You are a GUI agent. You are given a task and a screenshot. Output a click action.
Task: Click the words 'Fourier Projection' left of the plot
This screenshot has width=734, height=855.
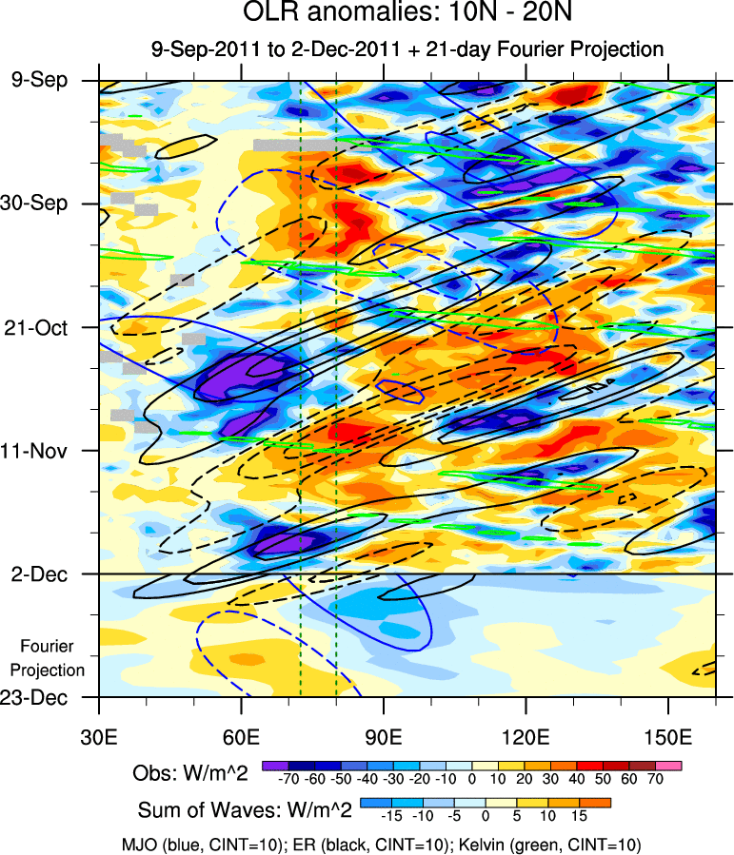pyautogui.click(x=52, y=658)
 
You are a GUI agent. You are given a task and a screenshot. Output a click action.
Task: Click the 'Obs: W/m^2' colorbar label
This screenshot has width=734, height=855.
pyautogui.click(x=190, y=772)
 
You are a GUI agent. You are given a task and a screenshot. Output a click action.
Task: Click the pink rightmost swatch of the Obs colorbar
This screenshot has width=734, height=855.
pyautogui.click(x=669, y=765)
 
